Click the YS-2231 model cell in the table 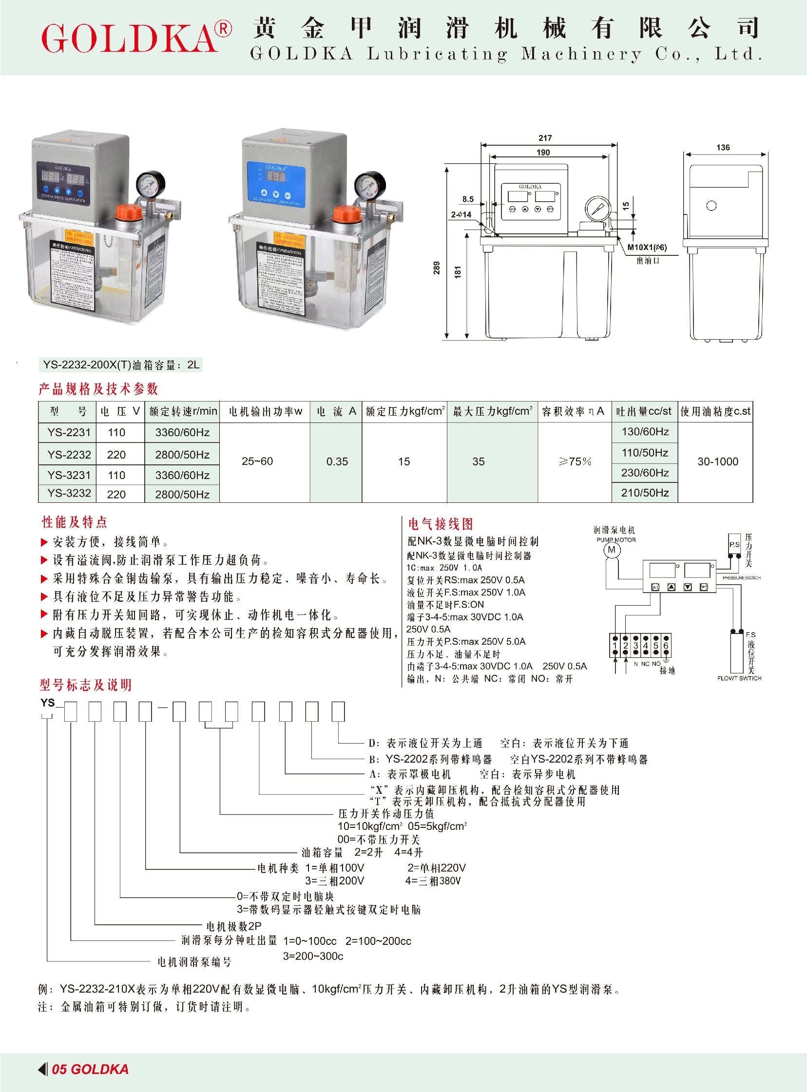coord(69,432)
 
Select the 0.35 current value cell coord(337,461)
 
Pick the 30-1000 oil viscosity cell coord(717,461)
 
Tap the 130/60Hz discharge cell coord(645,432)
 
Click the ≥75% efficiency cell coord(575,461)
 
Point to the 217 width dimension coord(545,138)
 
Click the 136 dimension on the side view coord(723,148)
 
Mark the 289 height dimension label coord(437,268)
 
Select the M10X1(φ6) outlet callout coord(647,247)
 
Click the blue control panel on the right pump coord(276,183)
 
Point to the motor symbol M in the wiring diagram coord(612,551)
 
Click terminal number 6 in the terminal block coord(665,646)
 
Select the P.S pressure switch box coord(734,544)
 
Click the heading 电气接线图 coord(441,524)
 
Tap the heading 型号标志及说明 coord(85,685)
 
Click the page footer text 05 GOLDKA coord(90,1069)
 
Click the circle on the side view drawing coord(711,206)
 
